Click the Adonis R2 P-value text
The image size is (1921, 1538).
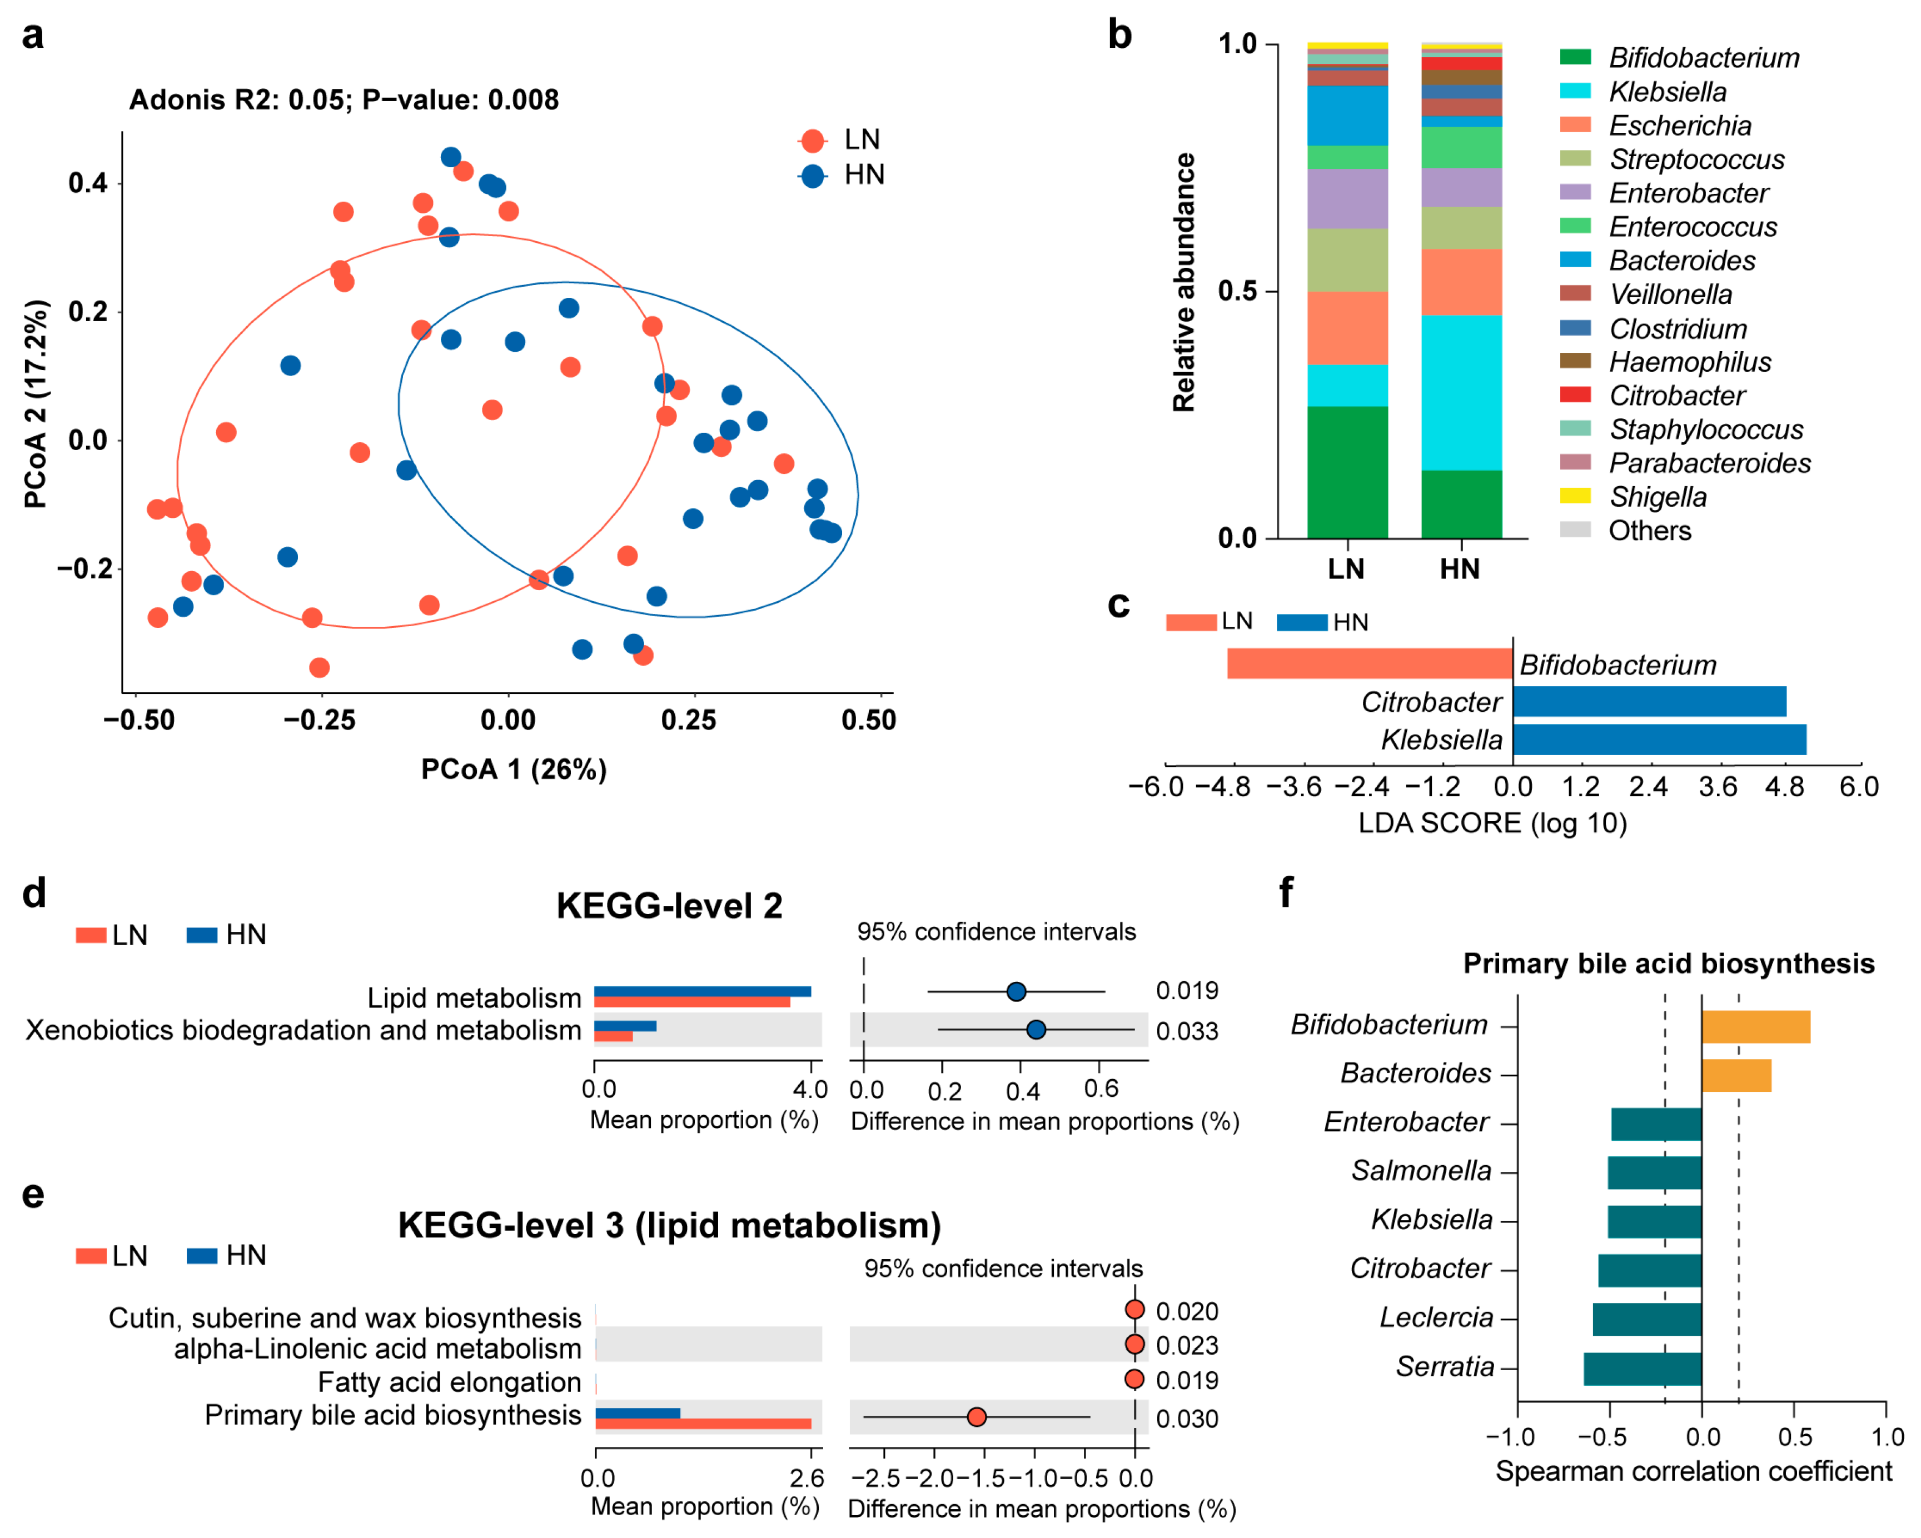click(x=344, y=100)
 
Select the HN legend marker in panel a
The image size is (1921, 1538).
click(x=812, y=176)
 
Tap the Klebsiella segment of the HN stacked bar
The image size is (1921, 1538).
click(x=1461, y=392)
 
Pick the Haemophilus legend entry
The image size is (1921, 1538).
click(x=1689, y=362)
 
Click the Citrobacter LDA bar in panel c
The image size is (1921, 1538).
click(x=1648, y=702)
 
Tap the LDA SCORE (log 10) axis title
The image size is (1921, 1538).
click(x=1492, y=823)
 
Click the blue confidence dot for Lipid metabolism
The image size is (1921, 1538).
click(x=1016, y=991)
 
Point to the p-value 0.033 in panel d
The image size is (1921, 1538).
click(x=1187, y=1031)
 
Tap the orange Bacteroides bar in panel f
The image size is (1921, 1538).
click(x=1736, y=1075)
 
